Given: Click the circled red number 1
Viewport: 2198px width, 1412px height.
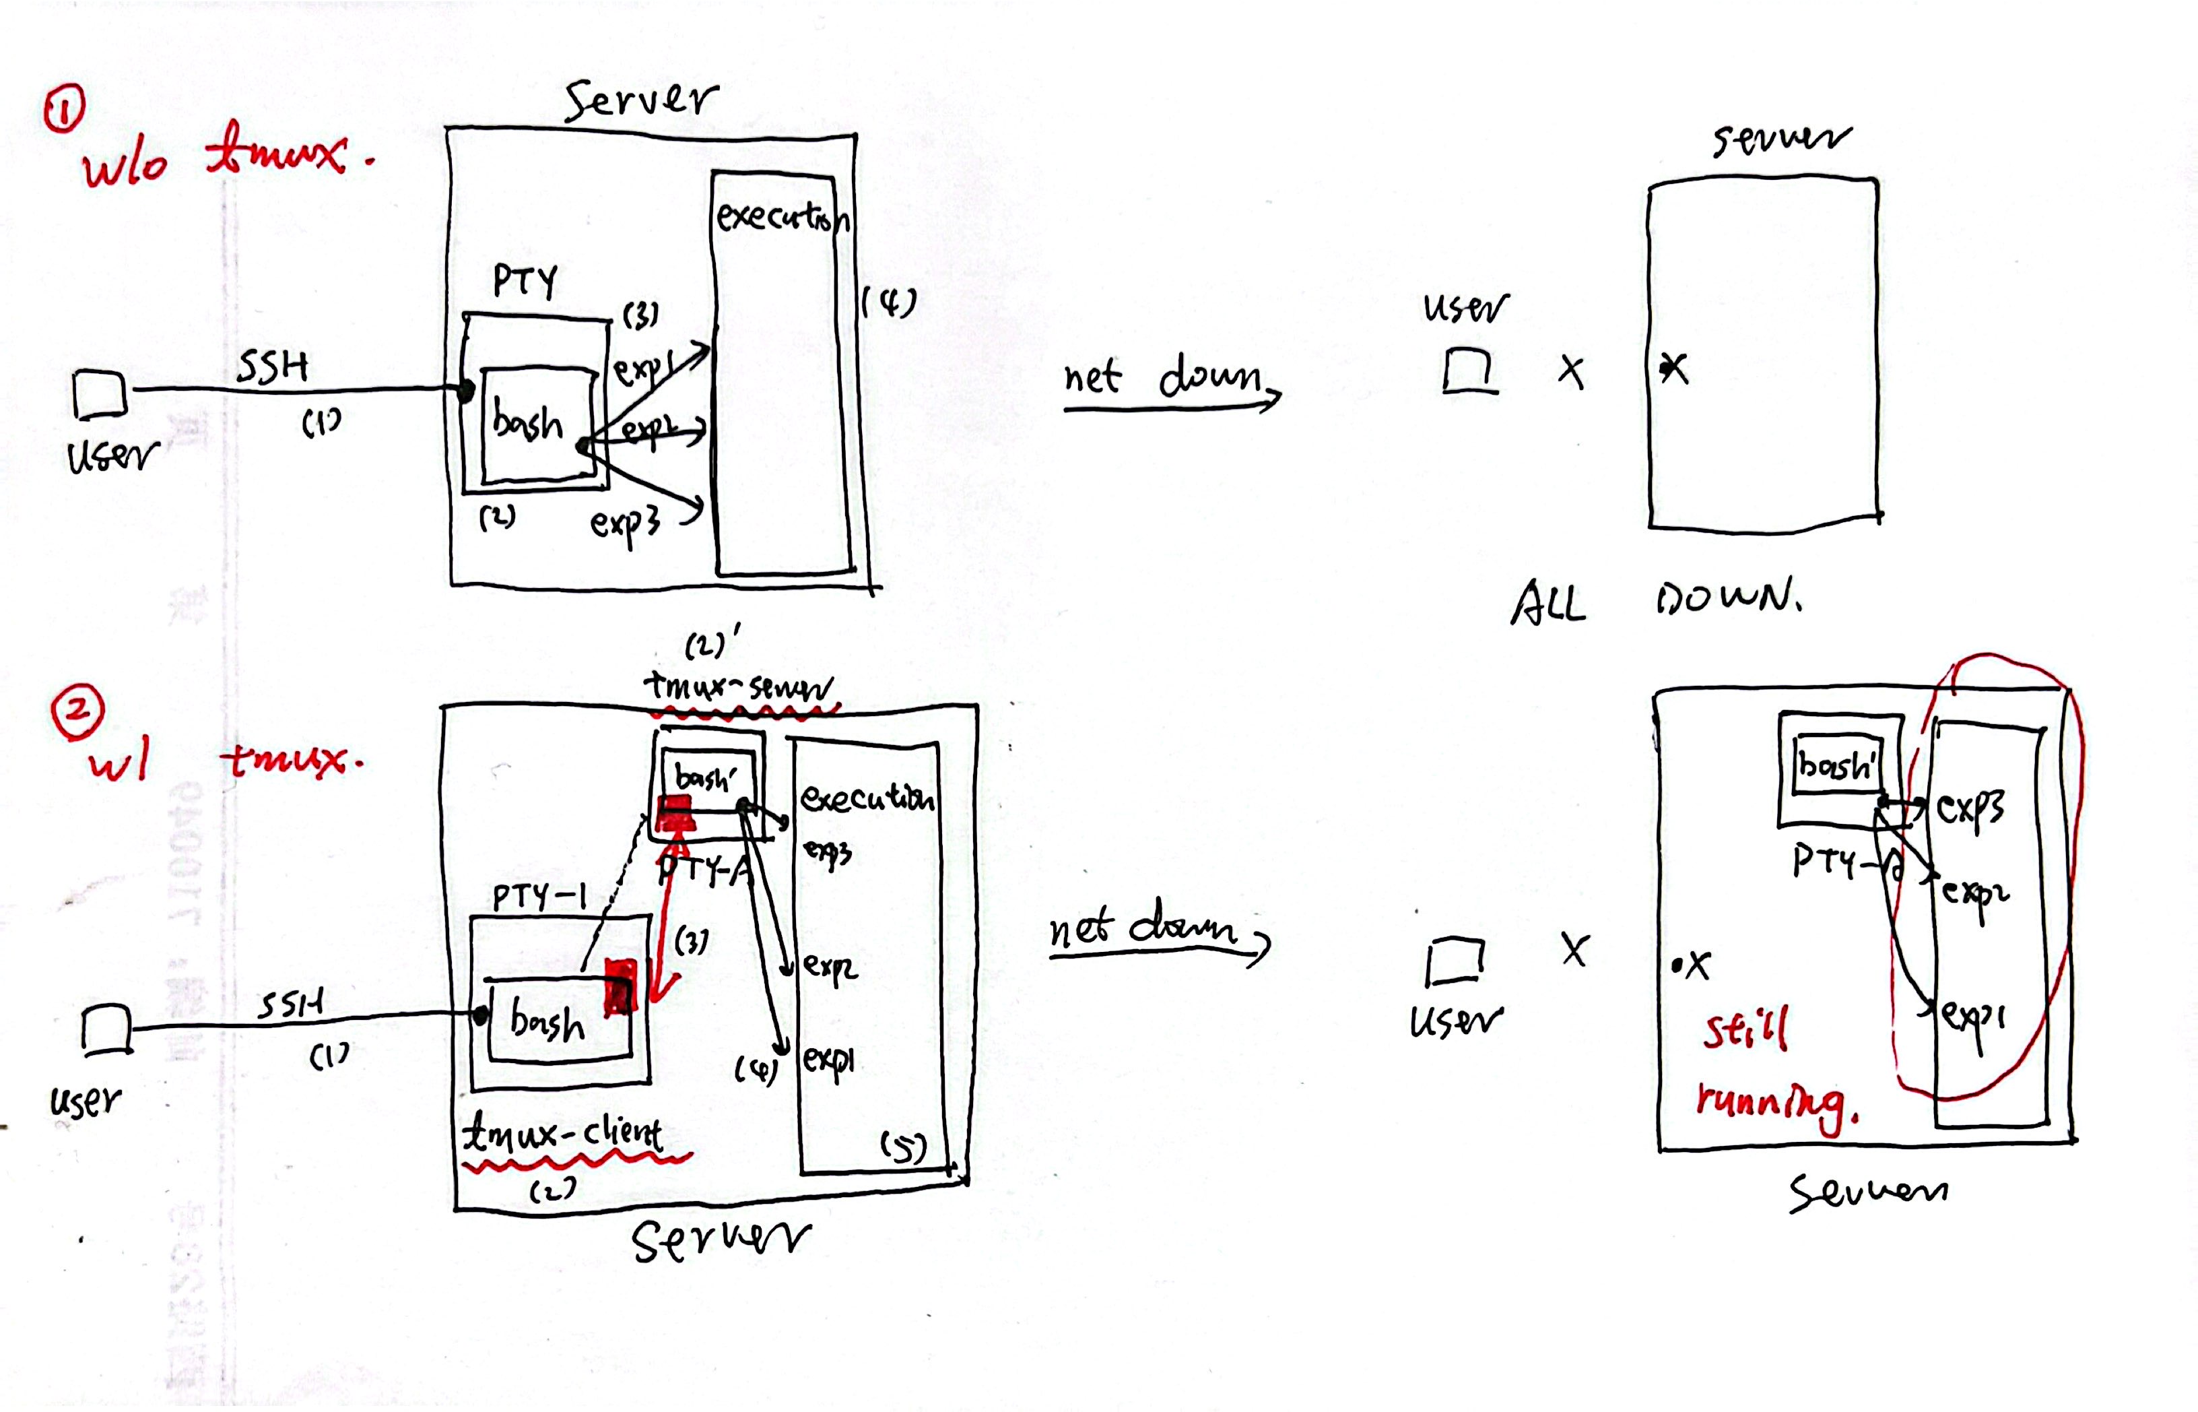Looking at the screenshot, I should [x=64, y=108].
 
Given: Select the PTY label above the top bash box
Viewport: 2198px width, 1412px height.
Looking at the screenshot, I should [x=525, y=280].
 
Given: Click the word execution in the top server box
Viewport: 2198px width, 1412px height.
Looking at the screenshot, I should [x=781, y=218].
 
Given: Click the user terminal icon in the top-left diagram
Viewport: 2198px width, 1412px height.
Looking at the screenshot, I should [x=99, y=394].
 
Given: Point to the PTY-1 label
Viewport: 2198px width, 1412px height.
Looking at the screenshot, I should [x=539, y=896].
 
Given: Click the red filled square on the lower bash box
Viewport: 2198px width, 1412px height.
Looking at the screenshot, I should [x=620, y=986].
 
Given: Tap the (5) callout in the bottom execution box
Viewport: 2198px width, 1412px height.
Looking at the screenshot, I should [x=903, y=1146].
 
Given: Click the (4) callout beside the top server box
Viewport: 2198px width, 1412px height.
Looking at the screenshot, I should [x=889, y=302].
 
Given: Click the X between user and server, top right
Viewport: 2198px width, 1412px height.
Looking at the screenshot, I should [x=1571, y=371].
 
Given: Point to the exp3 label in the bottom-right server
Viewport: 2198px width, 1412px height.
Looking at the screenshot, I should [x=1970, y=807].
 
